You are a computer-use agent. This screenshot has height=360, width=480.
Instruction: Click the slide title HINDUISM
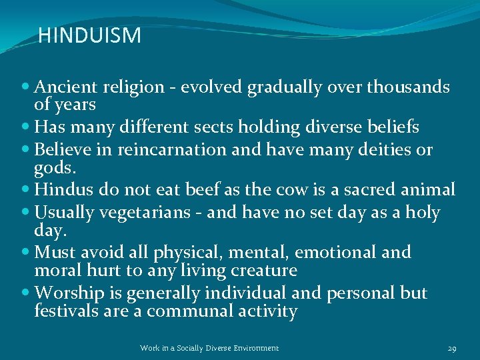click(89, 35)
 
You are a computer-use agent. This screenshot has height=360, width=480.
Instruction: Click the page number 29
click(452, 348)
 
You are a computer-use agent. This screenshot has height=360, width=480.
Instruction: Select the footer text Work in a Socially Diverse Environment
click(209, 348)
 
